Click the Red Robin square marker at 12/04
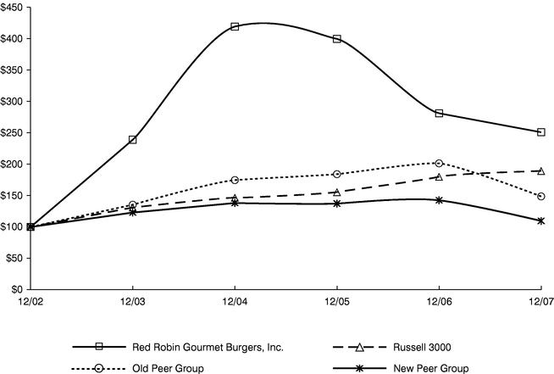[235, 26]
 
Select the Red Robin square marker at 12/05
[337, 39]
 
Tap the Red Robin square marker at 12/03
[133, 139]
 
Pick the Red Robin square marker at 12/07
[540, 132]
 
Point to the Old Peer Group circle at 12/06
[439, 163]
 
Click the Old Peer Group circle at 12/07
[540, 197]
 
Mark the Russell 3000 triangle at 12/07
[540, 171]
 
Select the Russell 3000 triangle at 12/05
[337, 193]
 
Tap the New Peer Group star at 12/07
[540, 220]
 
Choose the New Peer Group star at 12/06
[439, 200]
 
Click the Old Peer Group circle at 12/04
[235, 180]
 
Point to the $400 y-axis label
[16, 39]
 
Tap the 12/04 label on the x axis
[235, 302]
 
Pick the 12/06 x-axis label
[439, 302]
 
